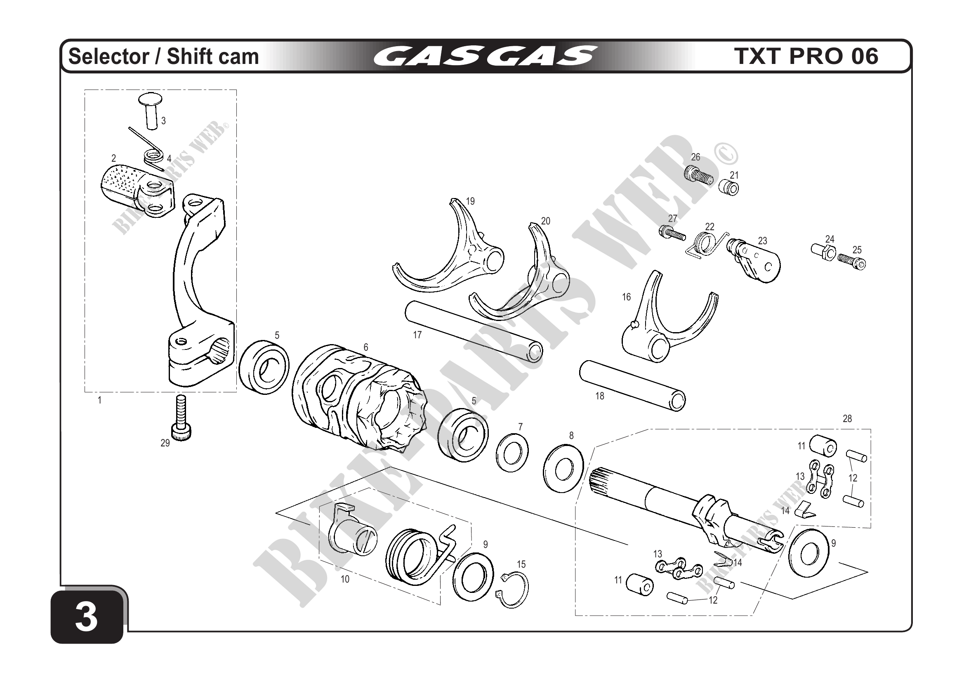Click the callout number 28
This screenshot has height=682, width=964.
[847, 418]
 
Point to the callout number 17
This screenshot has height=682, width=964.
[417, 335]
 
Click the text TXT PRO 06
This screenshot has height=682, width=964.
[806, 56]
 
